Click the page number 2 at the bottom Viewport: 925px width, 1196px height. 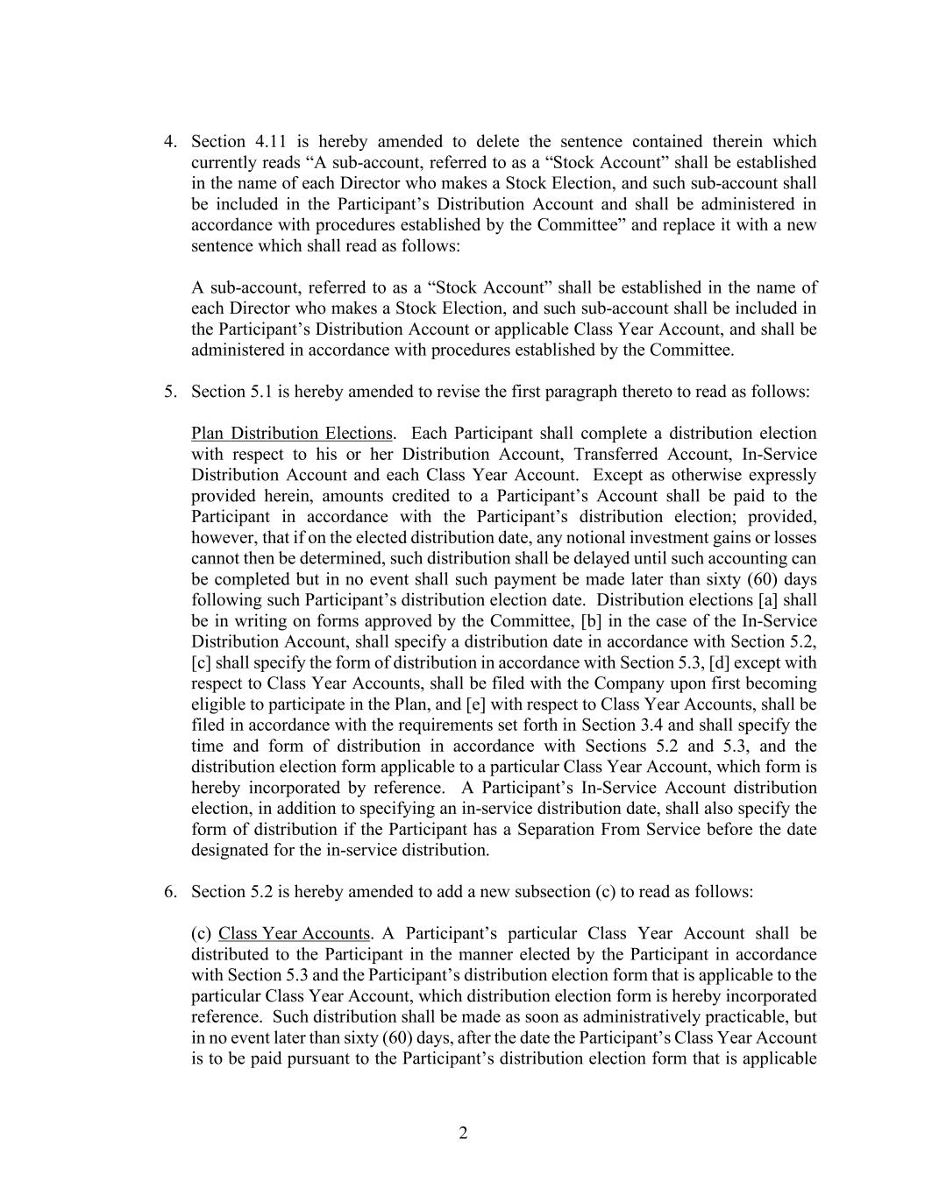click(x=463, y=1133)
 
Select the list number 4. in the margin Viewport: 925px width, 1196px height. click(x=171, y=142)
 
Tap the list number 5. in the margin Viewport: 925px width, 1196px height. click(x=171, y=392)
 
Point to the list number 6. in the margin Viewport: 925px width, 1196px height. click(x=171, y=892)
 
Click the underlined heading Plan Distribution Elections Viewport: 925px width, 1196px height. click(x=291, y=434)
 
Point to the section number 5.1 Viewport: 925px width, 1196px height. click(x=260, y=392)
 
